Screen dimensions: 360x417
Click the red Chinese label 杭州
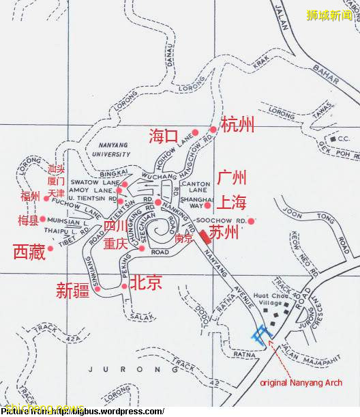[x=238, y=124]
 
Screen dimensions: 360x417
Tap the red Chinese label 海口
[x=164, y=136]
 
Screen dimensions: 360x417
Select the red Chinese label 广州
[x=232, y=179]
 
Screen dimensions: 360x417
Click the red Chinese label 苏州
[x=224, y=233]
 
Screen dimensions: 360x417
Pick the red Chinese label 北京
[x=146, y=282]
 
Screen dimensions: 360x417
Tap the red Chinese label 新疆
[x=73, y=291]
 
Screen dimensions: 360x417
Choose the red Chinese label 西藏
[x=29, y=251]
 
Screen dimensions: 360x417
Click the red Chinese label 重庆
[x=115, y=244]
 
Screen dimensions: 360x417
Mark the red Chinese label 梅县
[x=28, y=220]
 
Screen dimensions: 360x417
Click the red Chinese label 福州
[x=31, y=197]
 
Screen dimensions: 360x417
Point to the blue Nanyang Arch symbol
[x=260, y=334]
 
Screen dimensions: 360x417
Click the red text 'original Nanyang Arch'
[x=301, y=383]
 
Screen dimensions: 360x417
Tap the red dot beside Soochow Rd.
[x=251, y=220]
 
